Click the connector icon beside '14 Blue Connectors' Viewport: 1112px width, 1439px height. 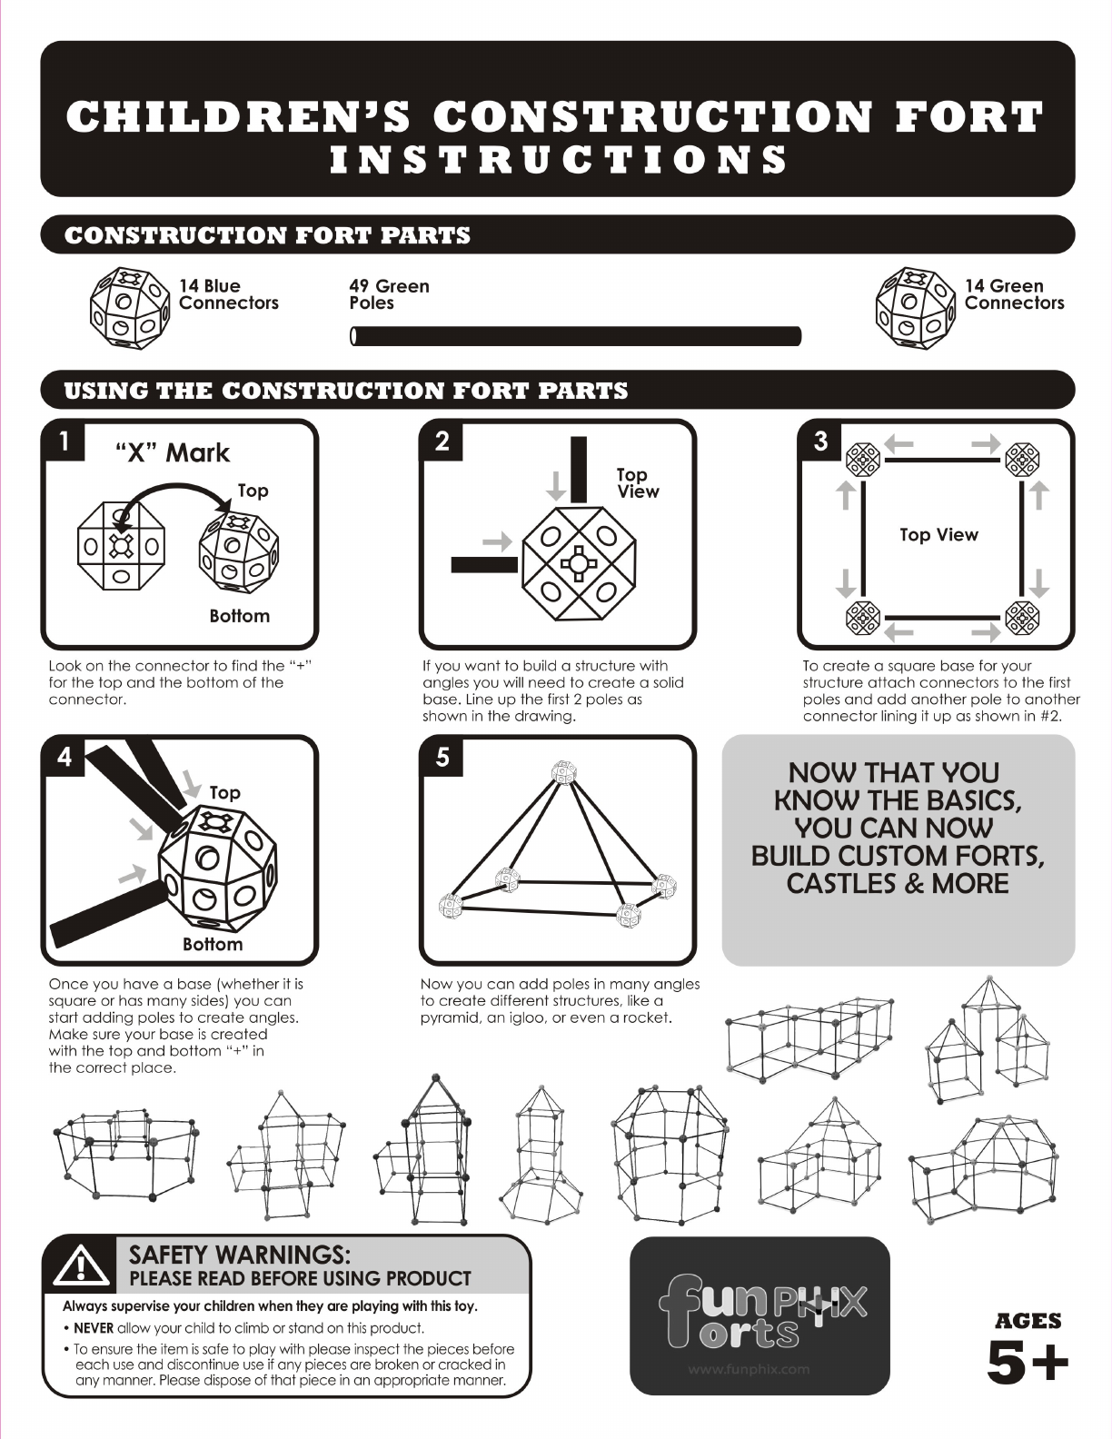pyautogui.click(x=130, y=308)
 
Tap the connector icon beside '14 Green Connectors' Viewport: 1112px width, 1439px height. pyautogui.click(x=915, y=308)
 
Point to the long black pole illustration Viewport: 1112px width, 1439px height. pyautogui.click(x=575, y=336)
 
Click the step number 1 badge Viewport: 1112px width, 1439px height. pyautogui.click(x=64, y=441)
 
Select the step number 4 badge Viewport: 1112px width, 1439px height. pyautogui.click(x=64, y=756)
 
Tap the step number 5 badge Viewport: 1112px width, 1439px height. pyautogui.click(x=442, y=756)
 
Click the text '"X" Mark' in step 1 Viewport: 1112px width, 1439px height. pyautogui.click(x=173, y=453)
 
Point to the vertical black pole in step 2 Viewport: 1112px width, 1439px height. pyautogui.click(x=579, y=469)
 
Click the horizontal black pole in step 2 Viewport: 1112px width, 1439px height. pyautogui.click(x=484, y=564)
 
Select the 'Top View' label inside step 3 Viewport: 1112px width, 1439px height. pyautogui.click(x=938, y=535)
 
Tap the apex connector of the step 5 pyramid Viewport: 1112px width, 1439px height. pyautogui.click(x=564, y=772)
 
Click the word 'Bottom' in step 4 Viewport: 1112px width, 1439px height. pyautogui.click(x=213, y=944)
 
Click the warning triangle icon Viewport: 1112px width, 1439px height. pyautogui.click(x=81, y=1265)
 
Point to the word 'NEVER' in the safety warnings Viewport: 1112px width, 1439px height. pyautogui.click(x=94, y=1328)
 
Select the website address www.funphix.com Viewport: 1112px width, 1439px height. pyautogui.click(x=750, y=1369)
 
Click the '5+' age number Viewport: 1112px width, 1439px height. pyautogui.click(x=1028, y=1364)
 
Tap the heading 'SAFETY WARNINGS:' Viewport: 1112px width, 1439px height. pyautogui.click(x=239, y=1255)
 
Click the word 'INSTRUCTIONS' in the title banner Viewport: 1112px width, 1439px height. pyautogui.click(x=559, y=160)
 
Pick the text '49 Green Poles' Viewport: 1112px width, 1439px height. pyautogui.click(x=390, y=294)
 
